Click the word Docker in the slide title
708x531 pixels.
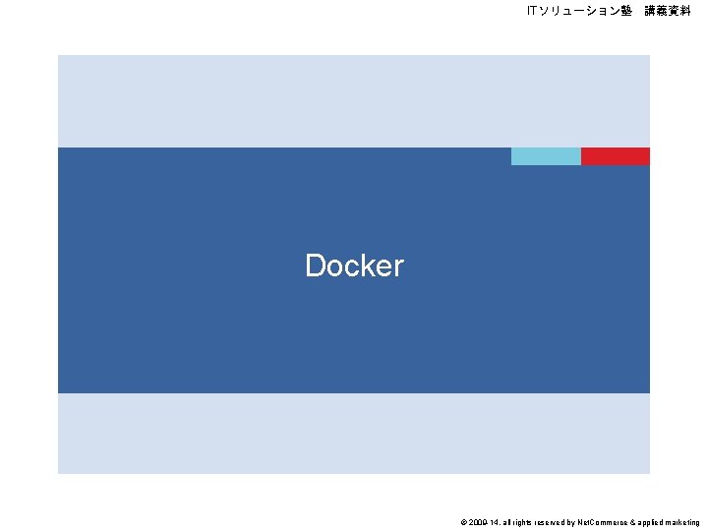point(354,265)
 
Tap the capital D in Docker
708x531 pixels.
point(316,265)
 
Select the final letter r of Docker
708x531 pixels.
point(398,266)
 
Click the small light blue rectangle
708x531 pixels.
point(546,156)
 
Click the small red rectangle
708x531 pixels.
point(616,156)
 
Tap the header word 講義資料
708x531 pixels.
point(668,11)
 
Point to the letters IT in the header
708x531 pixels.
point(532,11)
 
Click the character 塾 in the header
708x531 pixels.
point(625,11)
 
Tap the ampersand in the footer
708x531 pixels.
point(629,523)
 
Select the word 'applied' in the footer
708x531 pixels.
point(648,523)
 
